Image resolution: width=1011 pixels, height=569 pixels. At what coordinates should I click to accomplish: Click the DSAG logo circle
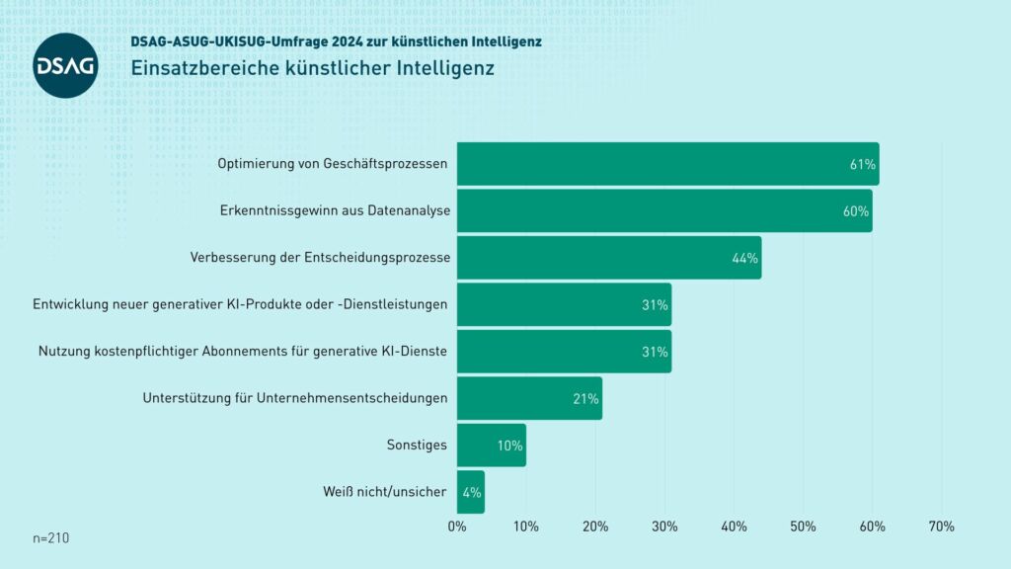(65, 65)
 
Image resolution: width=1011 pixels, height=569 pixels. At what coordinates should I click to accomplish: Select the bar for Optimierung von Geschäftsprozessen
(667, 164)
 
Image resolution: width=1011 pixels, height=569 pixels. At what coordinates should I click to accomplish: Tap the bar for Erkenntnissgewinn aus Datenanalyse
(663, 211)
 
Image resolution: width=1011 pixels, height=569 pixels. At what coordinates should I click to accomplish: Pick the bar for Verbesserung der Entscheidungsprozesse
(608, 258)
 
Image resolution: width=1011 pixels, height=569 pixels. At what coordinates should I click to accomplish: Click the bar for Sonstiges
(491, 446)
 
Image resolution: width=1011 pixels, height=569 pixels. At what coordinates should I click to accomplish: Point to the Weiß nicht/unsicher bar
(470, 492)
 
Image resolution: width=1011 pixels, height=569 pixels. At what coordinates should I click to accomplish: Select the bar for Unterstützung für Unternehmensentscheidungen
(529, 399)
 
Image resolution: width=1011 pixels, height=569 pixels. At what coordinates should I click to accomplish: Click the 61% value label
(862, 165)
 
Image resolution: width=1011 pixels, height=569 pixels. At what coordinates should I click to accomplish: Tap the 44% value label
(744, 259)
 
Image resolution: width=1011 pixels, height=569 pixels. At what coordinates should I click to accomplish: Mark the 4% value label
(471, 492)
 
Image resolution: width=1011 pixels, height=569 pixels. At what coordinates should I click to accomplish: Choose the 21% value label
(585, 399)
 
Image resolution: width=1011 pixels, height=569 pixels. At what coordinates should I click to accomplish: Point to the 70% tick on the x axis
(941, 528)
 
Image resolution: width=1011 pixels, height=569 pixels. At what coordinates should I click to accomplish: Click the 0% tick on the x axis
(457, 528)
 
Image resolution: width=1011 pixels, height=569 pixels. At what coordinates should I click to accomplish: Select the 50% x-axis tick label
(803, 528)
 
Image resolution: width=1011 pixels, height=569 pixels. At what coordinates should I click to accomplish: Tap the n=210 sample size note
(51, 538)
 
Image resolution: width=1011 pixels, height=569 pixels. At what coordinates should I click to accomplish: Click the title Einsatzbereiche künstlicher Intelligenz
(312, 69)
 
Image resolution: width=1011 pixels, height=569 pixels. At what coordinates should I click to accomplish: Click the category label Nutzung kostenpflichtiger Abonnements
(243, 352)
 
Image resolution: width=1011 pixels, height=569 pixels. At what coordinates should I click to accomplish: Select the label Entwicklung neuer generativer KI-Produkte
(240, 304)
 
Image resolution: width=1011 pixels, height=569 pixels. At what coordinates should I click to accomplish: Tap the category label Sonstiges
(416, 446)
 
